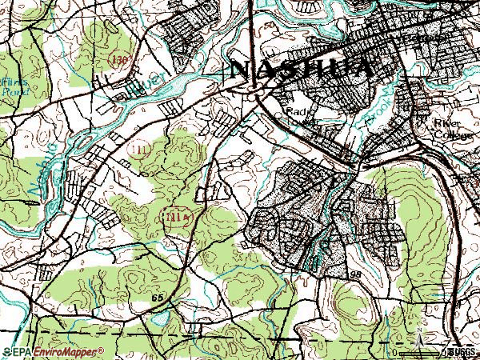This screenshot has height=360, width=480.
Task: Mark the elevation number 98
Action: pyautogui.click(x=356, y=274)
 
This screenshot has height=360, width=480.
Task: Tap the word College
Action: pyautogui.click(x=447, y=135)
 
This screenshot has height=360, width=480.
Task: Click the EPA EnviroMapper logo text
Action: pyautogui.click(x=59, y=351)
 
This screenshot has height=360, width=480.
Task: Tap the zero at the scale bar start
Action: pyautogui.click(x=394, y=351)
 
